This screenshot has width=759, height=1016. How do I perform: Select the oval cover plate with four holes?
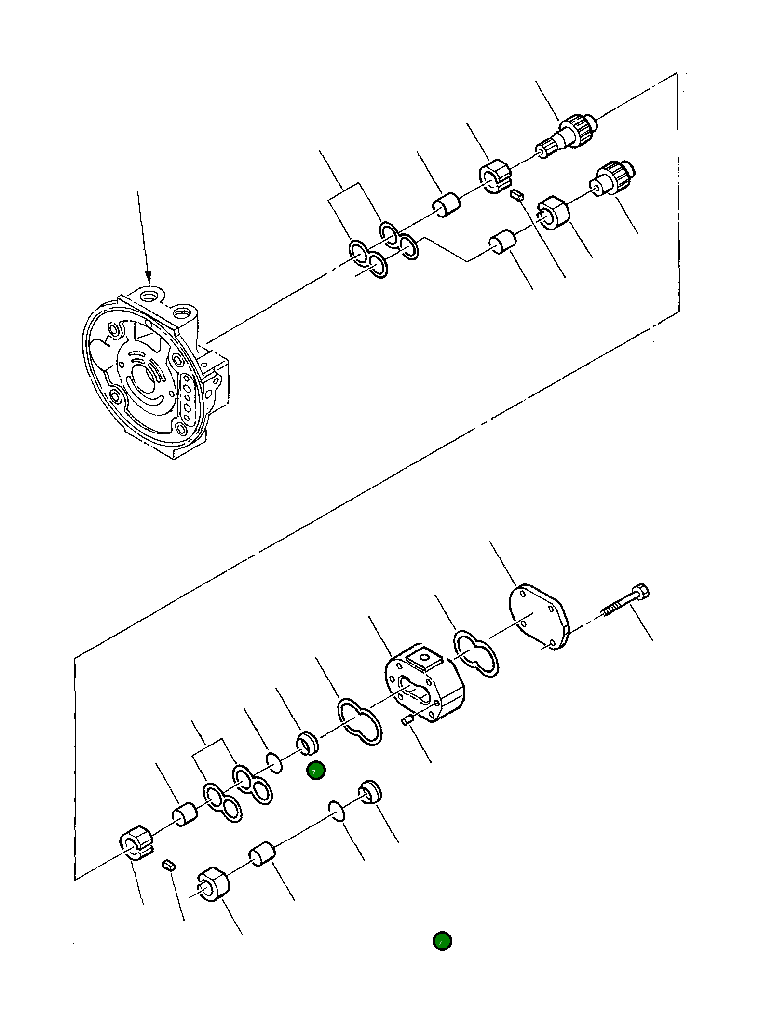point(539,616)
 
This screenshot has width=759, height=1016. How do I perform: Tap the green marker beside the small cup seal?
point(316,771)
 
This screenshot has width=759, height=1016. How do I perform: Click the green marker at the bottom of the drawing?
point(442,941)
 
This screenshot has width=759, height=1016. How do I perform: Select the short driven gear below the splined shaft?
point(613,177)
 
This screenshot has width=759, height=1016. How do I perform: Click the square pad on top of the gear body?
point(424,658)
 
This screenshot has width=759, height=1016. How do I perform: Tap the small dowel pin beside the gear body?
point(408,720)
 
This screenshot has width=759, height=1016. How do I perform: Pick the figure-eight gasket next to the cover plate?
point(476,653)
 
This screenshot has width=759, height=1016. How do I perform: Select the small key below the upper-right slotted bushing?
point(517,194)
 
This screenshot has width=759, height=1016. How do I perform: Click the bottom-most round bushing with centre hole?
point(214,884)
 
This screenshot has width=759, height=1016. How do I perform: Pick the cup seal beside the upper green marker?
point(308,743)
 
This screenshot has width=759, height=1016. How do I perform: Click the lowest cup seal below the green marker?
point(370,792)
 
